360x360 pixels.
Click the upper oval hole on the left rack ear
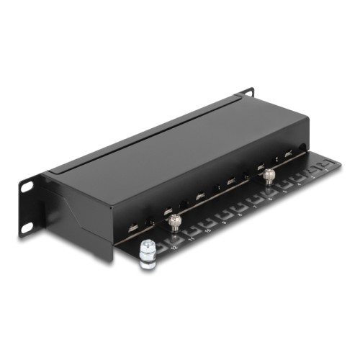(x=27, y=186)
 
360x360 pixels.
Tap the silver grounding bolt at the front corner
(x=147, y=253)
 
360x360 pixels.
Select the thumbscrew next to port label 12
(x=173, y=224)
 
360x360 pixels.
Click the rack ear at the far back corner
(x=246, y=93)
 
